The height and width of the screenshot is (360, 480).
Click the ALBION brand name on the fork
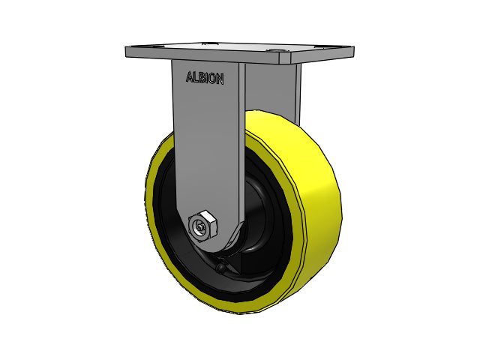coord(204,77)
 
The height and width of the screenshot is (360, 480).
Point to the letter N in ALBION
coord(219,77)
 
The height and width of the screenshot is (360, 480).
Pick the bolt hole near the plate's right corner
coord(279,53)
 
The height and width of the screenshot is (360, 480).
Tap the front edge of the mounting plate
coord(240,58)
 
